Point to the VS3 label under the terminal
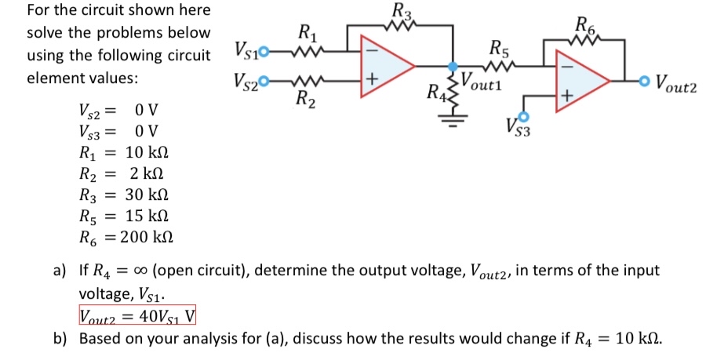(518, 129)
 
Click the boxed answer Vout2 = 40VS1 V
(138, 316)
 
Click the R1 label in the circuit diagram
(307, 34)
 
